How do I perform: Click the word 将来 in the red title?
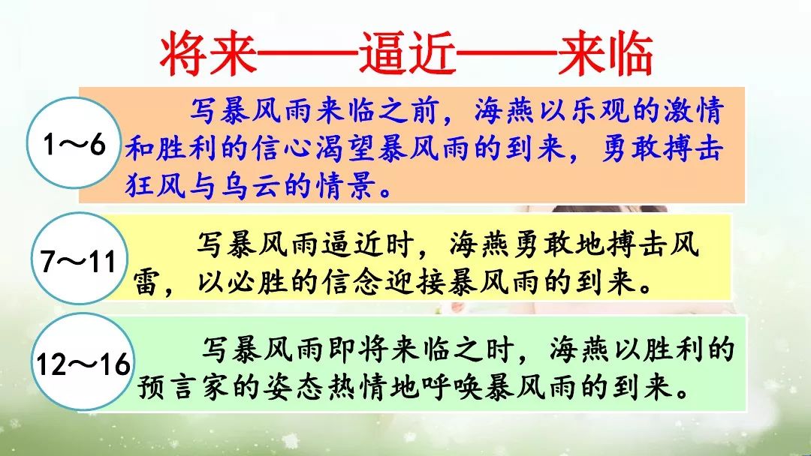[209, 54]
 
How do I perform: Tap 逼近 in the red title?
[408, 54]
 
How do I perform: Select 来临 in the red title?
[606, 54]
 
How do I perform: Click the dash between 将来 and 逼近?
[309, 52]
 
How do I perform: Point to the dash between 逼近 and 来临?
[508, 52]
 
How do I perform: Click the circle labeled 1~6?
[74, 143]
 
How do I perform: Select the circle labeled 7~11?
[80, 258]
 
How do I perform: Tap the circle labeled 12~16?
[83, 362]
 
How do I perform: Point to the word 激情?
[693, 110]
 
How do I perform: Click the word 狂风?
[155, 185]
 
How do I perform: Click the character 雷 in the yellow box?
[147, 282]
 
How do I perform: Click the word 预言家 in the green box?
[182, 386]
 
